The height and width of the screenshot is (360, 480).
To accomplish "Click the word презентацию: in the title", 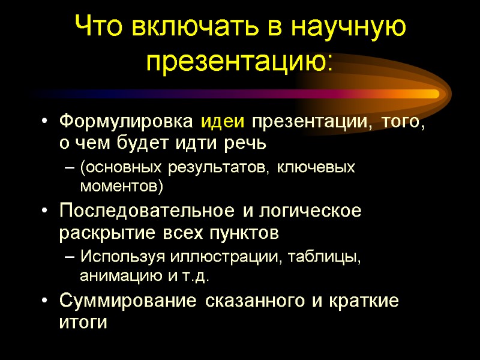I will (x=240, y=60).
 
